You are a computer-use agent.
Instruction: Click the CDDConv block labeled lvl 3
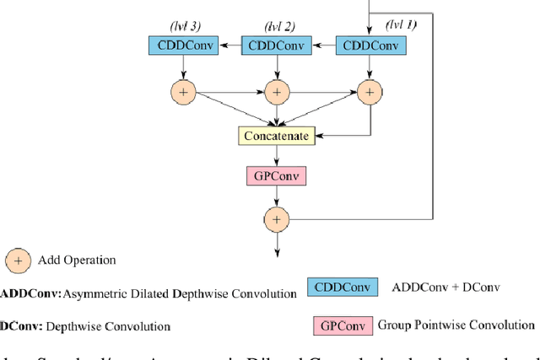click(x=184, y=46)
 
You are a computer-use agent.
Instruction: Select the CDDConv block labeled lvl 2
click(x=276, y=46)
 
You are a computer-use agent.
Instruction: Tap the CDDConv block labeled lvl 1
click(x=369, y=46)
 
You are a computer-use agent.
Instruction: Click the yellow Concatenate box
click(x=275, y=135)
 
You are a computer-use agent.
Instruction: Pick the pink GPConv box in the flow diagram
click(x=275, y=176)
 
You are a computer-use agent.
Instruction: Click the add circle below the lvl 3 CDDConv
click(x=183, y=91)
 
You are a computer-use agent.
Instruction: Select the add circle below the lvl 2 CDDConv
click(x=276, y=91)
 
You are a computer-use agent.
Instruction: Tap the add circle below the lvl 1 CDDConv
click(x=370, y=91)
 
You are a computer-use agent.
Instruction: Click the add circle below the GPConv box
click(x=276, y=219)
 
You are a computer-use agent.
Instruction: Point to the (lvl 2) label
click(x=278, y=25)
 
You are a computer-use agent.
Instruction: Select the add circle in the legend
click(x=18, y=261)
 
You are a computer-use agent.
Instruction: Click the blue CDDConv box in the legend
click(x=343, y=287)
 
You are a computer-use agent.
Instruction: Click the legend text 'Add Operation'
click(x=77, y=261)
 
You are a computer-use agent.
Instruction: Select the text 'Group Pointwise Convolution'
click(x=456, y=325)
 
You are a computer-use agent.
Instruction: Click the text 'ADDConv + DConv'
click(x=445, y=287)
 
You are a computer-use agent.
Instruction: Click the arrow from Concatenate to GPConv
click(x=275, y=155)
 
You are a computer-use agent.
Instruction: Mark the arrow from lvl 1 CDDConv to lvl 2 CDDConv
click(x=322, y=46)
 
